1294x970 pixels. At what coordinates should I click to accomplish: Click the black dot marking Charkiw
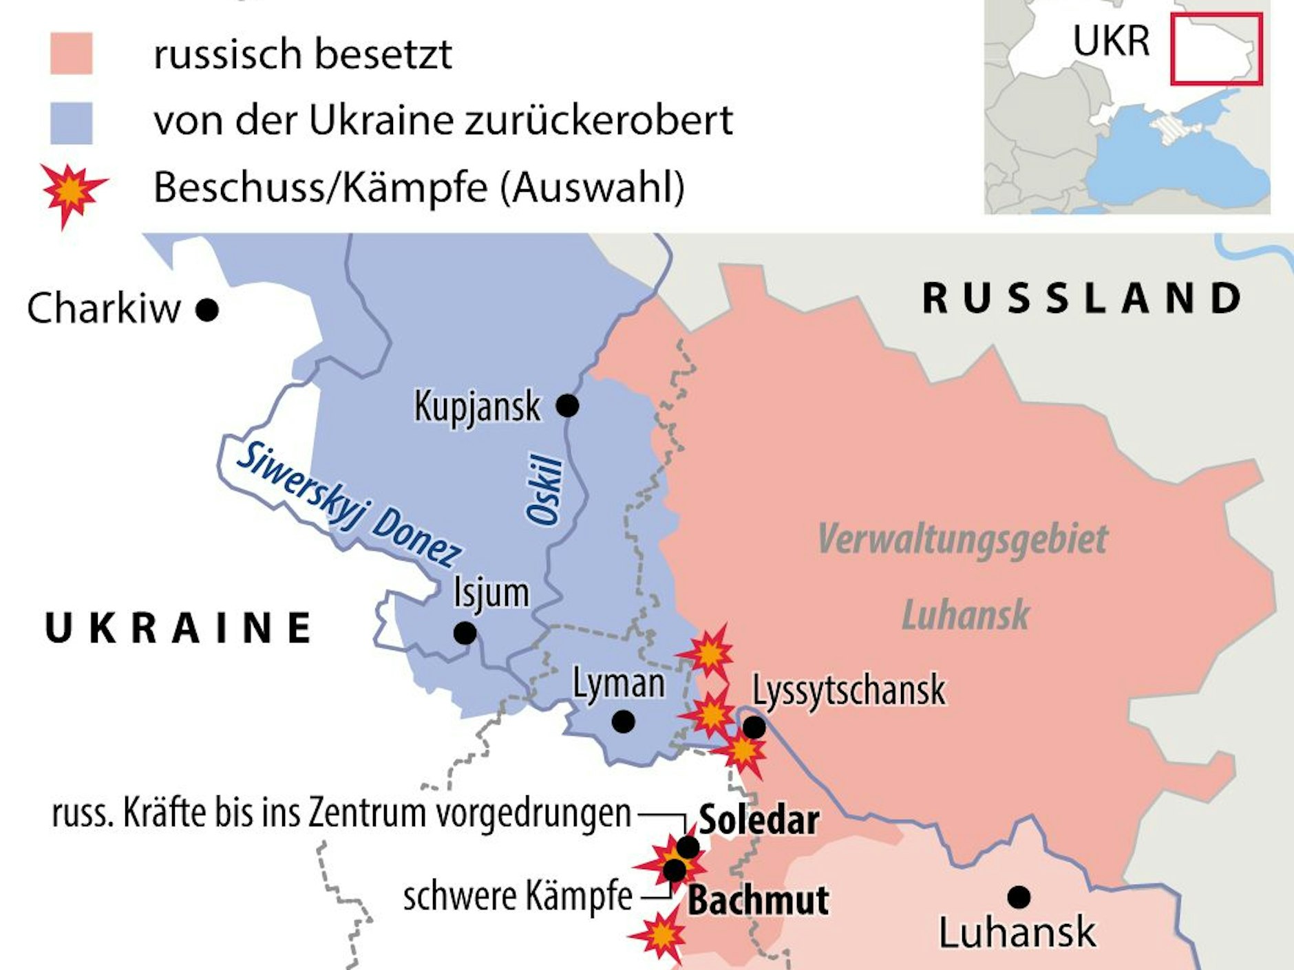click(207, 310)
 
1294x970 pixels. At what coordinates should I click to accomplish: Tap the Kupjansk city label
click(477, 407)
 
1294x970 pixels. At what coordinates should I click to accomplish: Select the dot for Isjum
click(465, 632)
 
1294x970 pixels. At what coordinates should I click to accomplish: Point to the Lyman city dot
click(623, 722)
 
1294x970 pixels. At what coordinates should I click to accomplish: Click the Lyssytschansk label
click(849, 690)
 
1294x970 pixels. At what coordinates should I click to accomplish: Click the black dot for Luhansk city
click(1019, 897)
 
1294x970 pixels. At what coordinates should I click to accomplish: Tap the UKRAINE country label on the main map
click(178, 628)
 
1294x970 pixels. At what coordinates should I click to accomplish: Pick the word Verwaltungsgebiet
click(962, 539)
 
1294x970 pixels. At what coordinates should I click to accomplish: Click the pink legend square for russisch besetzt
click(72, 54)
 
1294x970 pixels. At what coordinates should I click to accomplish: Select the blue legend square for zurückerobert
click(72, 123)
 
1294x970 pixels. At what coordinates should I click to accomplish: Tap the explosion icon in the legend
click(72, 193)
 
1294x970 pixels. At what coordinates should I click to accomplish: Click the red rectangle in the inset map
click(1216, 50)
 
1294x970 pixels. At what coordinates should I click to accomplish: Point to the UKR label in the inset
click(1111, 41)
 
